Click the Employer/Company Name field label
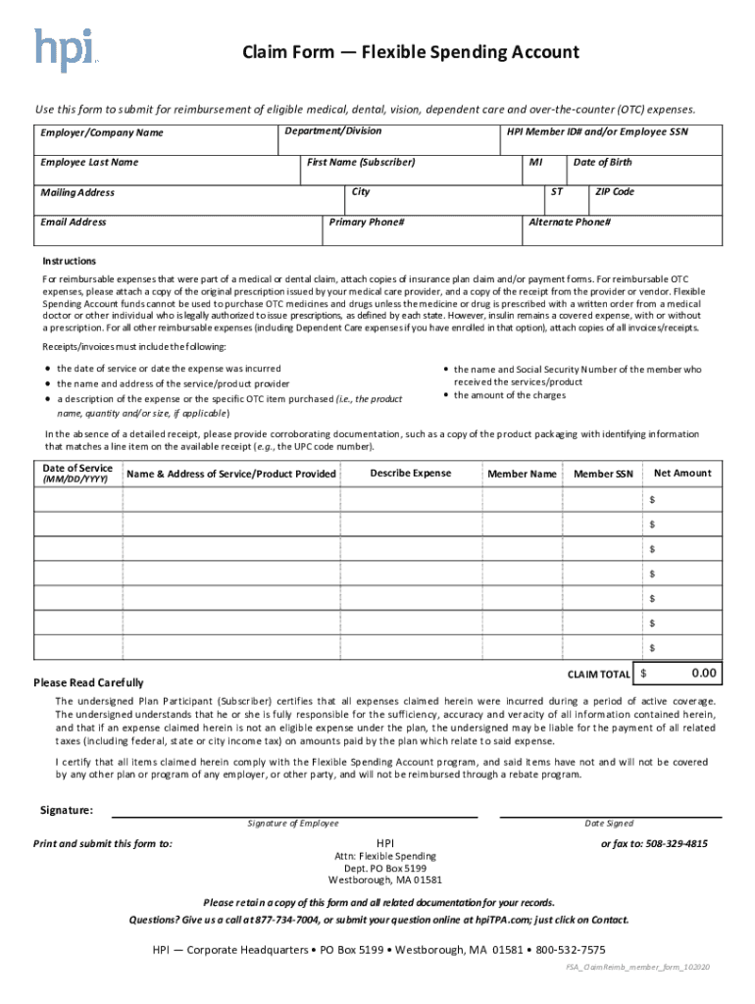102,132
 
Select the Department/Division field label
333,131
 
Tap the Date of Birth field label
602,162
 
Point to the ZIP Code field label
615,192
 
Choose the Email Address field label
74,223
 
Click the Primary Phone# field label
367,223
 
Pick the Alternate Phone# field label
570,223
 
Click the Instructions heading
69,261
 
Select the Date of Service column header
77,469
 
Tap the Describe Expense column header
410,474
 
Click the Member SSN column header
604,475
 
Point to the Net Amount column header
682,474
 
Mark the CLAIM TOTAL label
599,675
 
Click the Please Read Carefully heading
88,682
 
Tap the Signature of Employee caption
293,824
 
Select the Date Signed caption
609,824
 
